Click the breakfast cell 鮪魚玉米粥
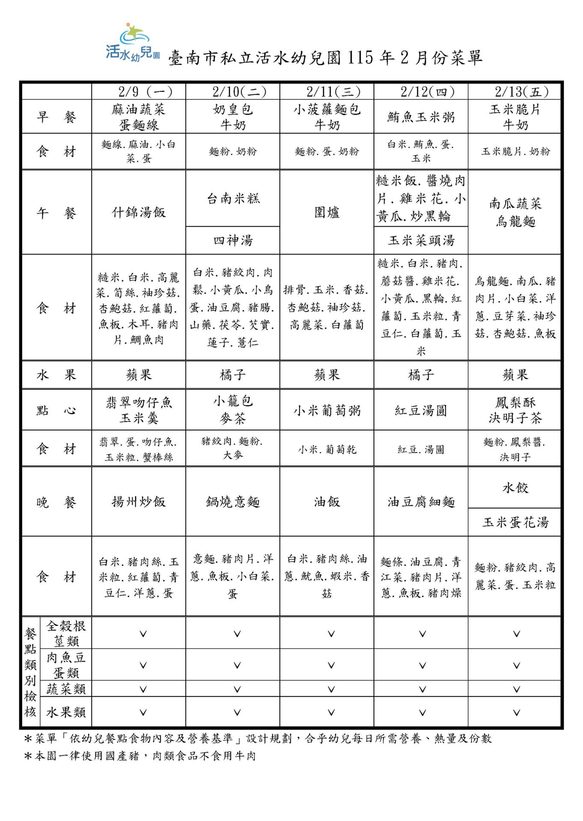(x=421, y=117)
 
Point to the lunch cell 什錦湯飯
(x=139, y=212)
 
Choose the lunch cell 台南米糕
(x=233, y=198)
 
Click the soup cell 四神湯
(x=233, y=240)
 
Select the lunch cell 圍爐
(x=327, y=212)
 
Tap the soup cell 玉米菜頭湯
(x=421, y=240)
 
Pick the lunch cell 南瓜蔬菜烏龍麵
(x=515, y=212)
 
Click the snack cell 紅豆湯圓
(x=421, y=410)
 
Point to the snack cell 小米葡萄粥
(x=327, y=410)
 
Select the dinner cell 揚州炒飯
(x=139, y=502)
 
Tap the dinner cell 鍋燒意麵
(x=233, y=502)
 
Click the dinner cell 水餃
(x=515, y=488)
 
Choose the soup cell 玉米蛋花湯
(x=515, y=522)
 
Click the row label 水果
(x=56, y=375)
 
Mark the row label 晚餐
(x=56, y=502)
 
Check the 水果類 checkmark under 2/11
(x=331, y=712)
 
